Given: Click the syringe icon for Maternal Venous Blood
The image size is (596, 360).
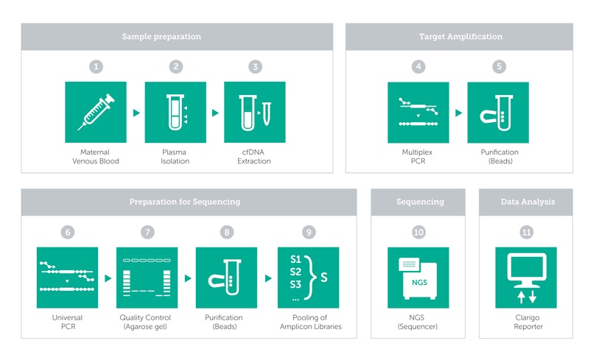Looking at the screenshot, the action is pyautogui.click(x=96, y=112).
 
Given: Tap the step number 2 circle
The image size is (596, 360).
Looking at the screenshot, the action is pyautogui.click(x=175, y=67).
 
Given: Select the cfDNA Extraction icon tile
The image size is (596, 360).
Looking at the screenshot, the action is pyautogui.click(x=255, y=112).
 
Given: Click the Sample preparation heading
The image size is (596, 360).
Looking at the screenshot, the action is pyautogui.click(x=161, y=37).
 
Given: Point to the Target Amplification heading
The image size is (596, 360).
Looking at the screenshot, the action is pyautogui.click(x=460, y=37).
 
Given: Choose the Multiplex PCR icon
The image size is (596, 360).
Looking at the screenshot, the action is pyautogui.click(x=418, y=113).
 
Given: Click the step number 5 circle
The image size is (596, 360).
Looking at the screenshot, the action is pyautogui.click(x=499, y=67).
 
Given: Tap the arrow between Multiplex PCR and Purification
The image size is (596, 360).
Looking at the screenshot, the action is pyautogui.click(x=459, y=113).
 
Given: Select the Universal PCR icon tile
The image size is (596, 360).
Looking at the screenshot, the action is pyautogui.click(x=67, y=278).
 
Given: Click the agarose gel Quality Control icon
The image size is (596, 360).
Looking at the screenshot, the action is pyautogui.click(x=147, y=278).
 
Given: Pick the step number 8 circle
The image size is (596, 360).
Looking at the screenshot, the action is pyautogui.click(x=227, y=232).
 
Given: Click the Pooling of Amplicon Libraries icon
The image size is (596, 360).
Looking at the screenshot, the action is pyautogui.click(x=308, y=278).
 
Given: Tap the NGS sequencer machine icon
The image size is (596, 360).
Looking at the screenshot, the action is pyautogui.click(x=418, y=278).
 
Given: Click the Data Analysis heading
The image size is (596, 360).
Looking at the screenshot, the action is pyautogui.click(x=527, y=202).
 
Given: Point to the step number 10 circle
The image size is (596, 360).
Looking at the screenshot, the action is pyautogui.click(x=418, y=232).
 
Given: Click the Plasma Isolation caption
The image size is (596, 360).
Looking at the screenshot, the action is pyautogui.click(x=175, y=157).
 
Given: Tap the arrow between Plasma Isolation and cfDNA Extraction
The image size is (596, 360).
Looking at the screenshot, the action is pyautogui.click(x=216, y=113).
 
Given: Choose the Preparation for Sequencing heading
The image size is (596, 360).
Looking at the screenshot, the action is pyautogui.click(x=185, y=202).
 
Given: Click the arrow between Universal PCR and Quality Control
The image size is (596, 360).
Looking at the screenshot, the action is pyautogui.click(x=108, y=278).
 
